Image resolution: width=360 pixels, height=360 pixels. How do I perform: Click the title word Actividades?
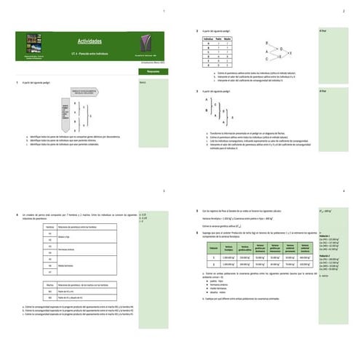[x=89, y=42]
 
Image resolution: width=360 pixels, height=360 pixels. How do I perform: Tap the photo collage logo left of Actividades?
[x=33, y=44]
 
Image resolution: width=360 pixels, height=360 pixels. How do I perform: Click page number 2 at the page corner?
[x=343, y=12]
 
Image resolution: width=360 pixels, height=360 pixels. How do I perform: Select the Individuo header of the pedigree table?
[x=207, y=39]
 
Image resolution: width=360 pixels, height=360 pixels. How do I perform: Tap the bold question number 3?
[x=198, y=91]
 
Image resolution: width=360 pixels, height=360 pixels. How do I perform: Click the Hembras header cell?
[x=50, y=227]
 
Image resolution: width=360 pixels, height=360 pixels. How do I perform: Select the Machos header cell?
[x=50, y=284]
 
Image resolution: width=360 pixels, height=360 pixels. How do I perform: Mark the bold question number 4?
[x=17, y=215]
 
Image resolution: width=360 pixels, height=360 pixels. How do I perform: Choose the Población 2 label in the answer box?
[x=324, y=256]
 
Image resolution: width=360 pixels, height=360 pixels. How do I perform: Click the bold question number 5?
[x=198, y=211]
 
